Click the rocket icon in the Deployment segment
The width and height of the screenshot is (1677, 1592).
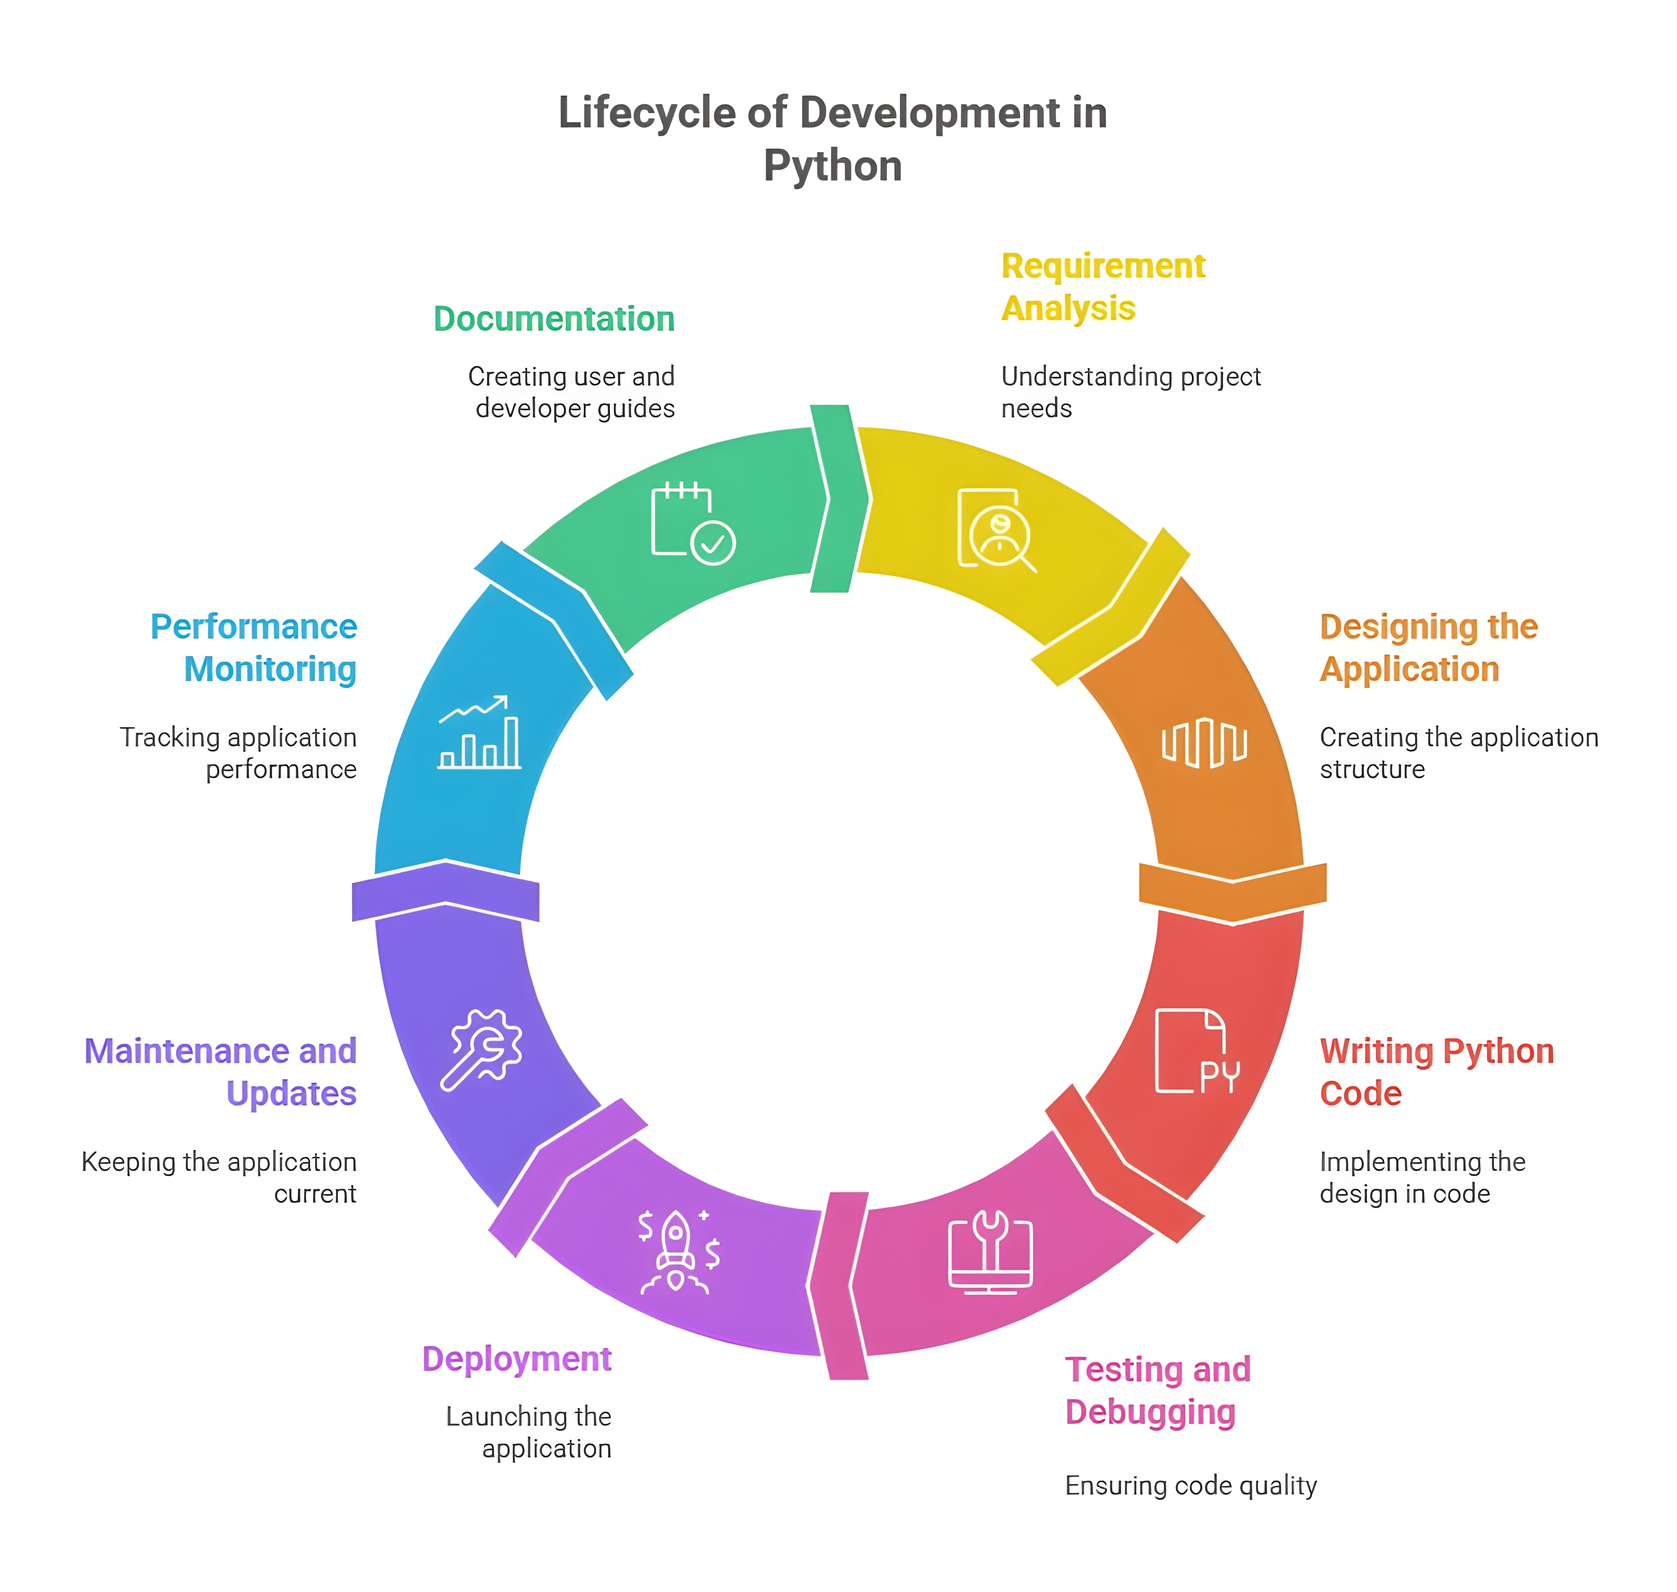point(676,1251)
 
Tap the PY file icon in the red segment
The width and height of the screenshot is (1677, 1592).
point(1196,1052)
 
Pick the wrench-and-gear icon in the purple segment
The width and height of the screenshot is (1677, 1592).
point(481,1050)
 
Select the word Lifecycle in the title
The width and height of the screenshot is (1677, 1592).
point(646,113)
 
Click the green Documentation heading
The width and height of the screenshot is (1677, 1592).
point(553,319)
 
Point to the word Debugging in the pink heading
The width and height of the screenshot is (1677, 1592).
point(1150,1412)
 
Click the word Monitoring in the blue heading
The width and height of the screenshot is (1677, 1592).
point(270,670)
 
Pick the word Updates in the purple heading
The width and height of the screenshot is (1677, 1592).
point(291,1094)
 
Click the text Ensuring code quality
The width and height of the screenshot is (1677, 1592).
point(1190,1485)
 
